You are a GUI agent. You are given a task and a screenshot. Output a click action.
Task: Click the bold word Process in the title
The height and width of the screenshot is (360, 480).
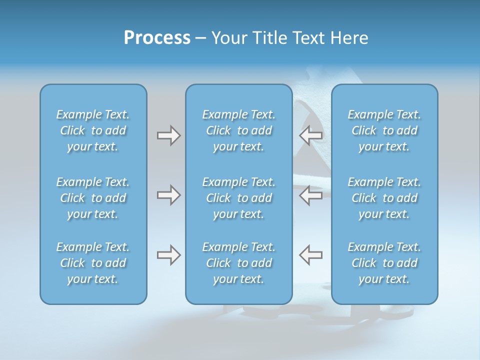click(157, 38)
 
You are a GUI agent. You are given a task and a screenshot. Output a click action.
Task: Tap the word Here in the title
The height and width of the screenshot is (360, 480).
click(348, 38)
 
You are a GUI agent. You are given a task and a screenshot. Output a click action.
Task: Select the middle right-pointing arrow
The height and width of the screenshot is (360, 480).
click(168, 195)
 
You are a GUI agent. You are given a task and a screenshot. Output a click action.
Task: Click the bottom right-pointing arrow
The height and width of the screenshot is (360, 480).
click(168, 255)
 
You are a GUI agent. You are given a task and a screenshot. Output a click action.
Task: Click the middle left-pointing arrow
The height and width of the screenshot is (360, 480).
click(310, 195)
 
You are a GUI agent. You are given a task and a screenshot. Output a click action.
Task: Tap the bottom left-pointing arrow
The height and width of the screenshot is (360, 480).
click(310, 255)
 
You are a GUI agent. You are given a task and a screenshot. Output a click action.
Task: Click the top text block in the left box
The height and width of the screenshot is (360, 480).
click(93, 130)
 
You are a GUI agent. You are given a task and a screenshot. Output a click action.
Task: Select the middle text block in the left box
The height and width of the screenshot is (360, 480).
click(93, 198)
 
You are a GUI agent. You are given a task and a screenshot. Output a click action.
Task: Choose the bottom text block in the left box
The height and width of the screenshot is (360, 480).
click(93, 263)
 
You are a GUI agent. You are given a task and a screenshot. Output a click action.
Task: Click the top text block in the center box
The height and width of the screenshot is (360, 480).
click(239, 130)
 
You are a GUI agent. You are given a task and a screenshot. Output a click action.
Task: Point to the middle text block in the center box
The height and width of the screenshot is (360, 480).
click(239, 198)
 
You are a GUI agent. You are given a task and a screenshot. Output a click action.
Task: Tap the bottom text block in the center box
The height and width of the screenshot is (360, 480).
click(239, 263)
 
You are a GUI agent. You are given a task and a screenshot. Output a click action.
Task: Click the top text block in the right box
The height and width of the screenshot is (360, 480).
click(384, 130)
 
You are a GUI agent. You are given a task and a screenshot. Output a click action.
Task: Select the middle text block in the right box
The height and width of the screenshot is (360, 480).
click(384, 198)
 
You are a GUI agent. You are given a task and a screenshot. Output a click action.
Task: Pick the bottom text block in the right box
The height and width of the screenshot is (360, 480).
click(384, 263)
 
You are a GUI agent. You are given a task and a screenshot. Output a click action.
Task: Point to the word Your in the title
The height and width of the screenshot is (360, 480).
click(229, 38)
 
